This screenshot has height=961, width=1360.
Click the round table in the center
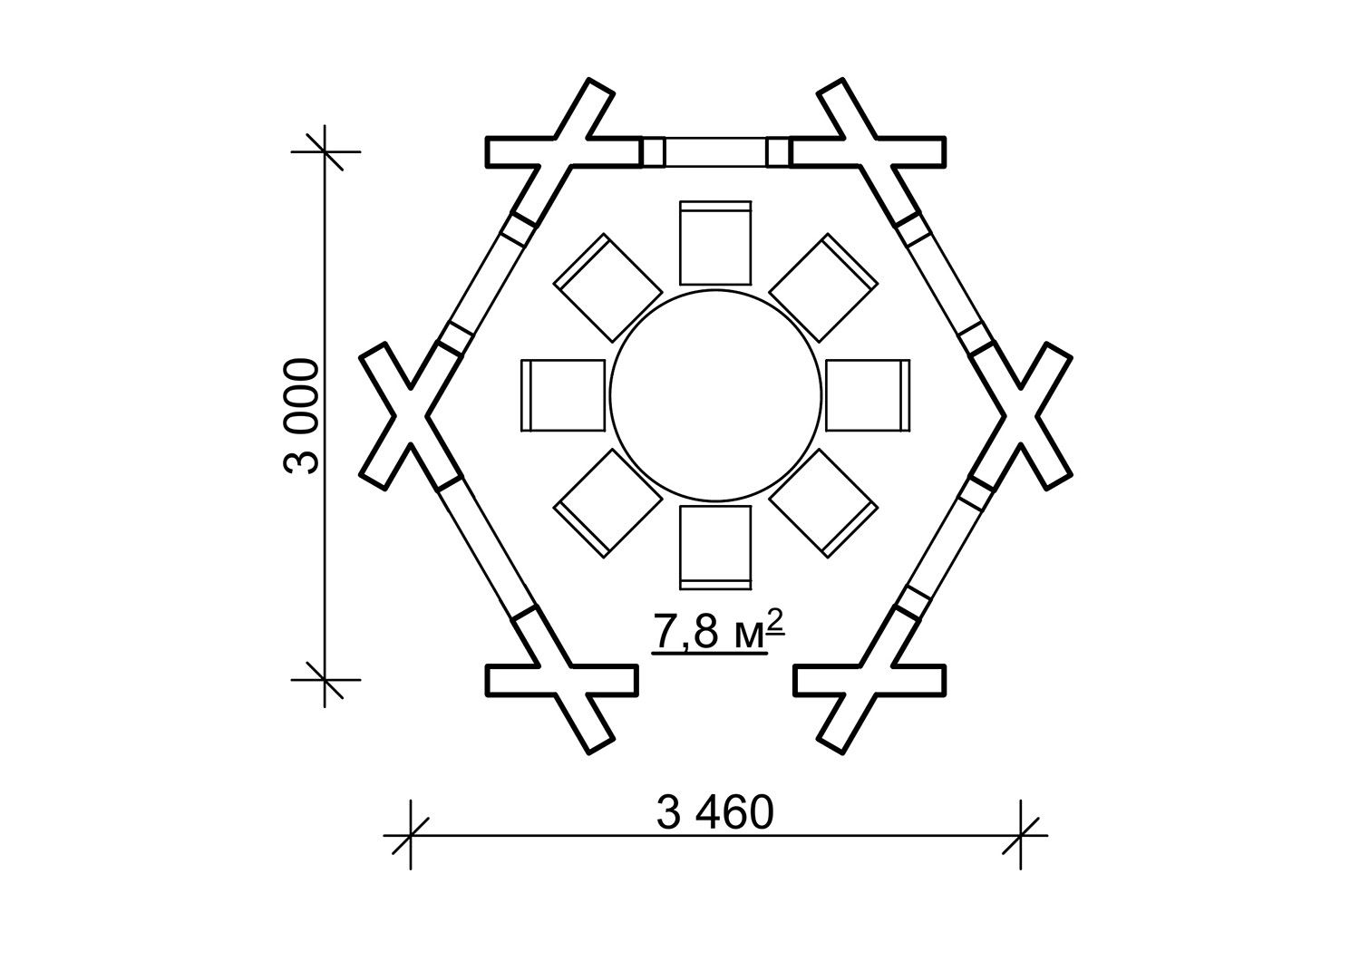tap(715, 395)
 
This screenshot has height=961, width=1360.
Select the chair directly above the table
tap(715, 243)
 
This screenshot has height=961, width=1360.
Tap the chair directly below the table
tap(715, 548)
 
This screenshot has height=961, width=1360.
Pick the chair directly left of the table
tap(563, 395)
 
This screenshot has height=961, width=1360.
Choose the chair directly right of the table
tap(868, 395)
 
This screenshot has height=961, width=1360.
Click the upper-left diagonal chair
tap(607, 287)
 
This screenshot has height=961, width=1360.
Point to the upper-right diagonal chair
tap(823, 287)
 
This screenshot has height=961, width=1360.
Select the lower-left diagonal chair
tap(607, 503)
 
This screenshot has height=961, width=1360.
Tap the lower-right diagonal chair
tap(823, 503)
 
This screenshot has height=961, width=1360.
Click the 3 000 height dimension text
tap(301, 416)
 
